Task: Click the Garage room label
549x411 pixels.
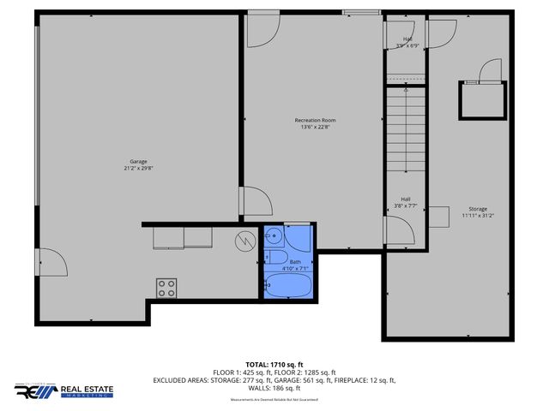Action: (x=138, y=161)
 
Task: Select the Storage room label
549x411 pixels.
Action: (x=477, y=209)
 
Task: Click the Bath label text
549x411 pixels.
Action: (x=295, y=261)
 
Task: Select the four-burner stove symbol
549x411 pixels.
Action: (x=166, y=288)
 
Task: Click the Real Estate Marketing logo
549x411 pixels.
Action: (x=63, y=390)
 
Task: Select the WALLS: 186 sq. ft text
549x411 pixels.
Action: (x=274, y=388)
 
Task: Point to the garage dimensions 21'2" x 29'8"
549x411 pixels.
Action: (x=138, y=167)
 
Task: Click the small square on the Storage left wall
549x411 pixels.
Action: (x=440, y=217)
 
